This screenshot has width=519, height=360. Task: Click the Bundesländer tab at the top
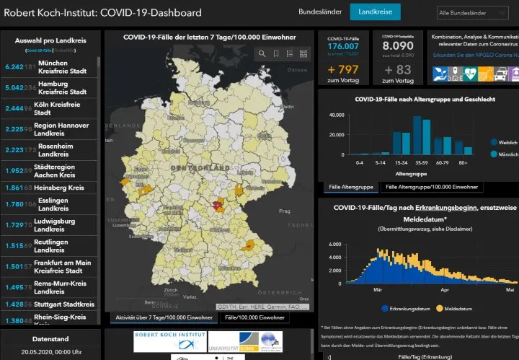pyautogui.click(x=320, y=12)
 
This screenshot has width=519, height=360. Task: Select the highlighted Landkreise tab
pyautogui.click(x=375, y=12)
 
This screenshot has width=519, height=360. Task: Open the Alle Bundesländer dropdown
pyautogui.click(x=476, y=13)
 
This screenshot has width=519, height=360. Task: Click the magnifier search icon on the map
pyautogui.click(x=262, y=54)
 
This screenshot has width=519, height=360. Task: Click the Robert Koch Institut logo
pyautogui.click(x=170, y=338)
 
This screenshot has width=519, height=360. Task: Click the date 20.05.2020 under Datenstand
pyautogui.click(x=50, y=351)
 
